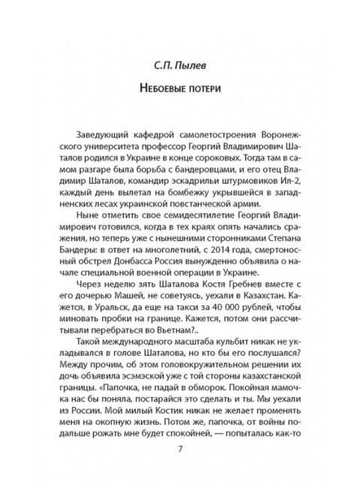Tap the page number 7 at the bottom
(180, 450)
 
